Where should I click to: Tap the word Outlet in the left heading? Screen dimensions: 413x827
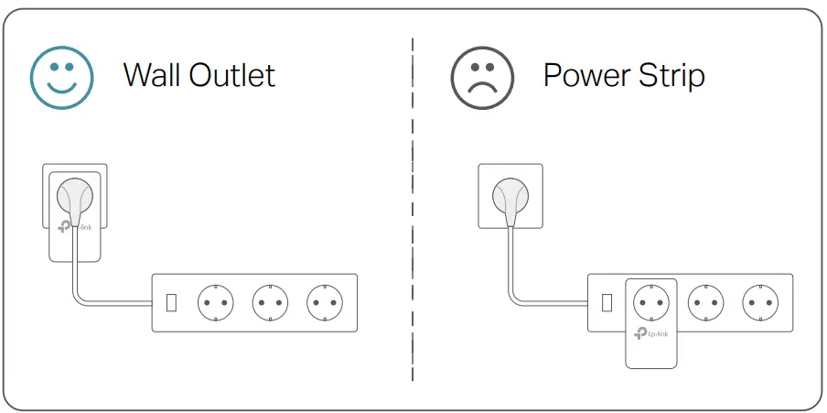pyautogui.click(x=232, y=75)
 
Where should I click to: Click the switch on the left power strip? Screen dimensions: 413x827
pyautogui.click(x=171, y=301)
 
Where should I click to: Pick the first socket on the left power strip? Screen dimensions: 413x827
pyautogui.click(x=217, y=301)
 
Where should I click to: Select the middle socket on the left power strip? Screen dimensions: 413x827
pyautogui.click(x=271, y=301)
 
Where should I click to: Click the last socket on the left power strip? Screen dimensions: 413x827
pyautogui.click(x=325, y=301)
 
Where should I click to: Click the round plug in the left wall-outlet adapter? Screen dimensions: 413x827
pyautogui.click(x=75, y=194)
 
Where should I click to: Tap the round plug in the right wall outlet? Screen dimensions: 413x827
pyautogui.click(x=510, y=194)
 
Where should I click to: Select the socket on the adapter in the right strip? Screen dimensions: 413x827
pyautogui.click(x=651, y=301)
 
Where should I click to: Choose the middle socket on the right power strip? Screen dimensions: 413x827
pyautogui.click(x=705, y=301)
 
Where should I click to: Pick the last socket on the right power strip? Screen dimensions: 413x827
pyautogui.click(x=760, y=301)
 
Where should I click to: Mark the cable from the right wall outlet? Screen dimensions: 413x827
pyautogui.click(x=510, y=266)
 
